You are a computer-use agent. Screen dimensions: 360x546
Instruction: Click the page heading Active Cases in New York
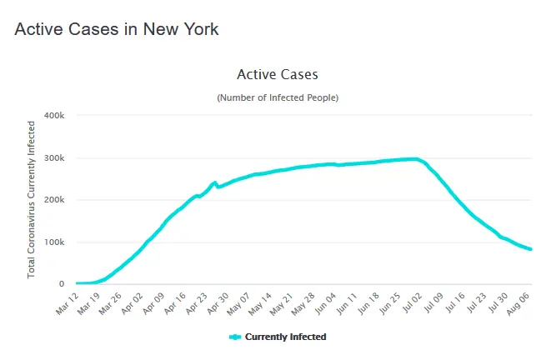(x=117, y=29)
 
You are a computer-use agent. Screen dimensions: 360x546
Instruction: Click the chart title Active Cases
(x=278, y=75)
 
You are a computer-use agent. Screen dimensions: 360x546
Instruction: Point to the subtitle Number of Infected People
(x=278, y=97)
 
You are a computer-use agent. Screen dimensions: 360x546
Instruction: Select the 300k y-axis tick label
(x=54, y=157)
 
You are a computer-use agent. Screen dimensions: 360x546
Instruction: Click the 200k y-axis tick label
(x=54, y=200)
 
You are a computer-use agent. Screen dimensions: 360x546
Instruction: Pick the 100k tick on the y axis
(x=54, y=242)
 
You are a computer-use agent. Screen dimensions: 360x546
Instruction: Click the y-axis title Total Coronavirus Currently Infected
(x=32, y=199)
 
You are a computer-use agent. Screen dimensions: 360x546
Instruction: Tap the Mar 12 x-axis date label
(x=67, y=301)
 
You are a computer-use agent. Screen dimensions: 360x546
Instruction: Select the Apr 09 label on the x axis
(x=152, y=301)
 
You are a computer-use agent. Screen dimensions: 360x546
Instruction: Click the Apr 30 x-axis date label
(x=216, y=301)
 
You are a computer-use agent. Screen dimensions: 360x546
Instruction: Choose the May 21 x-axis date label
(x=280, y=301)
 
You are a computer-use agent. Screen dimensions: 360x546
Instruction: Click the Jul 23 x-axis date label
(x=472, y=301)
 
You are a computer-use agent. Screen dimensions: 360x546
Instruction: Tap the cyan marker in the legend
(x=234, y=337)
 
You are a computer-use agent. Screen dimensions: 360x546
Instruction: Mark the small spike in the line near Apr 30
(x=214, y=182)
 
